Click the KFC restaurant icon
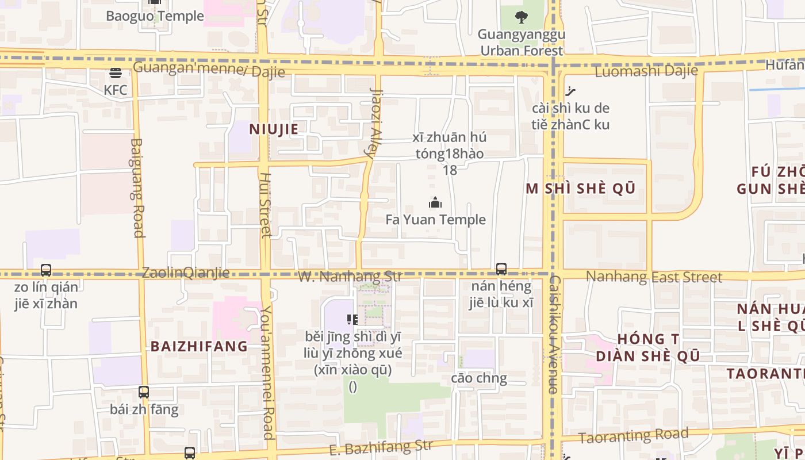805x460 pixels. coord(116,73)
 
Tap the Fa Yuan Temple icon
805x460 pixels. coord(435,202)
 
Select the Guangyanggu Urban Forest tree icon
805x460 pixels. coord(522,17)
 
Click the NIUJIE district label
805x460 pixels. coord(274,129)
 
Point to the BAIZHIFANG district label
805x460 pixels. coord(199,346)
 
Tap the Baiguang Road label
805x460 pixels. coord(137,187)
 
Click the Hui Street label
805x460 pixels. coord(265,205)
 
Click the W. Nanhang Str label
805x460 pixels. coord(350,277)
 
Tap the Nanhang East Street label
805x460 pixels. coord(654,277)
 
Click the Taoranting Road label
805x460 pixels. coord(634,436)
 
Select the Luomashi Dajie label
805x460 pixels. coord(646,71)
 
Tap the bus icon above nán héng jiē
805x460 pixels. coord(501,269)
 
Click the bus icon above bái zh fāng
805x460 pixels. coord(144,392)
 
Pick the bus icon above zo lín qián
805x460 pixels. coord(46,270)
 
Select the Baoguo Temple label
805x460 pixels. coord(155,16)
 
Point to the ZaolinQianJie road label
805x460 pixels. coord(186,273)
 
